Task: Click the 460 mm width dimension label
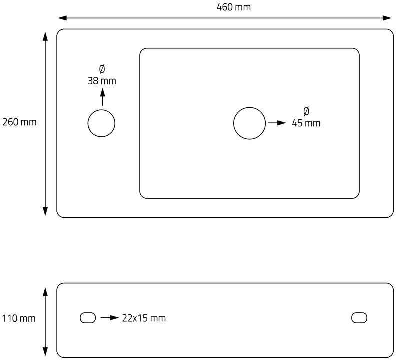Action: click(x=233, y=7)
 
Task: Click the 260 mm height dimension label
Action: click(x=20, y=122)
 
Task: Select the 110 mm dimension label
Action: click(x=19, y=318)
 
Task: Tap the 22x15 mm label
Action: click(x=144, y=318)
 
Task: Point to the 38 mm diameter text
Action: click(x=102, y=81)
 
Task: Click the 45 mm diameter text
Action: click(x=306, y=123)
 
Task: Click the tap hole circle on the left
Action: click(x=101, y=123)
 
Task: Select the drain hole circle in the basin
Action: click(x=249, y=123)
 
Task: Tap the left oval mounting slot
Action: click(x=88, y=317)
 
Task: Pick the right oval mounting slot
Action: click(x=359, y=317)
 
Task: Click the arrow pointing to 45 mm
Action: click(x=276, y=123)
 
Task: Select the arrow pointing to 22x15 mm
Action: click(x=109, y=318)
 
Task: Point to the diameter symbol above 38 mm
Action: click(x=102, y=69)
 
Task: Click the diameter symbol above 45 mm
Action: click(x=306, y=111)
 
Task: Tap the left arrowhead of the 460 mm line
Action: click(x=61, y=18)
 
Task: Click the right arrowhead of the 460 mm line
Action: click(x=388, y=18)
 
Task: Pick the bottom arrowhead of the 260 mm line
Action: click(x=46, y=211)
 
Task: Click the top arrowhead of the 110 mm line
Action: click(x=46, y=291)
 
